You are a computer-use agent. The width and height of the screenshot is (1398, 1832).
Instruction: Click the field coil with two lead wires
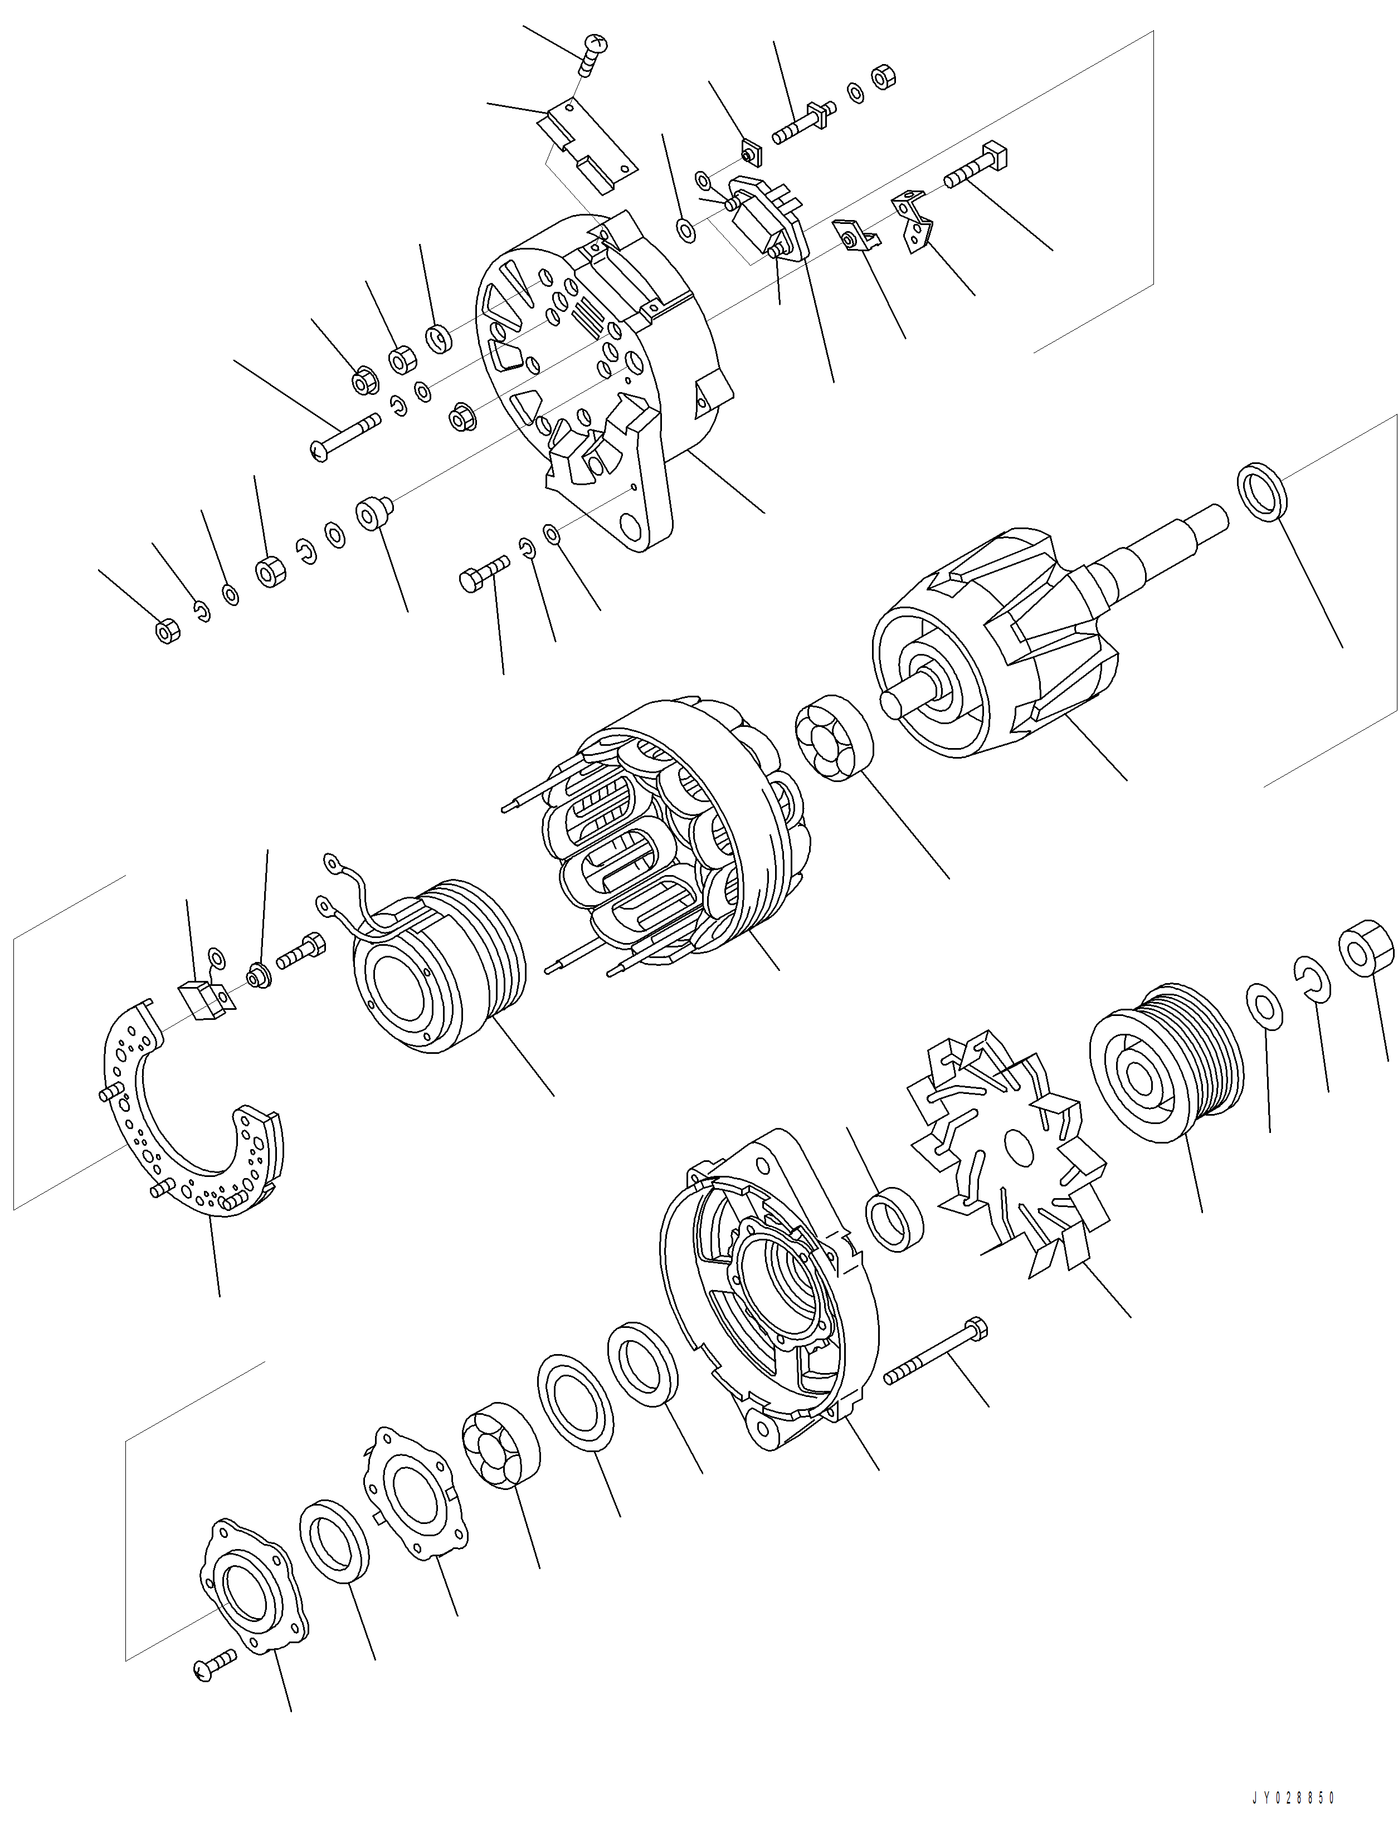pos(437,965)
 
